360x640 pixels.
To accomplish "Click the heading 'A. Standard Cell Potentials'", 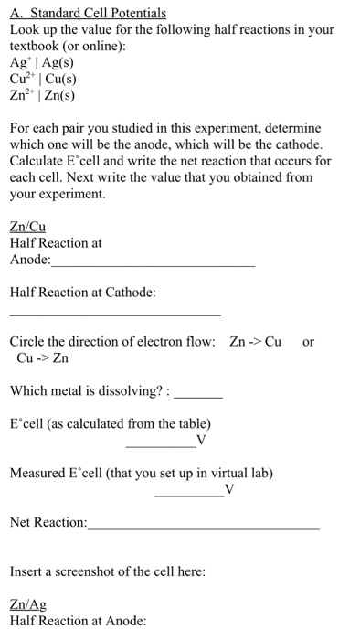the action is point(88,14).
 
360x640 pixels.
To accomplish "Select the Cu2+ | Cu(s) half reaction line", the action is point(43,78).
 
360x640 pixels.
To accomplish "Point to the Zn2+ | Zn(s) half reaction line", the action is point(42,93).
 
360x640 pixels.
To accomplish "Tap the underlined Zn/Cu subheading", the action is point(27,228).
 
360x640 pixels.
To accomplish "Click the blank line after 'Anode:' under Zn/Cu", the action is point(154,262).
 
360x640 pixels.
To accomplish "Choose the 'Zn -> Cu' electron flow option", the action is point(255,342).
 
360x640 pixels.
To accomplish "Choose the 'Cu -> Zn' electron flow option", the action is point(43,357).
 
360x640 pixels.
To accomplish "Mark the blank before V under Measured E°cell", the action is point(188,494).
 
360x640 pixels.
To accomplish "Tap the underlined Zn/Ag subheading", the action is point(27,605).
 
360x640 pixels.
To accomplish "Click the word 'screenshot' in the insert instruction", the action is point(92,571).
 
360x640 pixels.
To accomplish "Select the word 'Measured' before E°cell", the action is point(38,473).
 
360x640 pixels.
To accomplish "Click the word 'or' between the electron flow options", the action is point(308,342).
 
